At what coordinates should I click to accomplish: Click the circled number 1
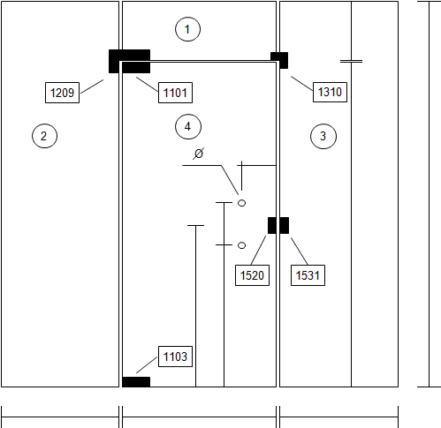coord(187,29)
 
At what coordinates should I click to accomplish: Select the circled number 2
coord(44,136)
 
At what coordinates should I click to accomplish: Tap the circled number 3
coord(323,136)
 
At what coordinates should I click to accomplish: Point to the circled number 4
coord(188,127)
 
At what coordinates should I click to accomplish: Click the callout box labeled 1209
coord(62,93)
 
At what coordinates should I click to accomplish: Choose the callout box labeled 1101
coord(175,93)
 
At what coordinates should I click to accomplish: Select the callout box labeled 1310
coord(330,92)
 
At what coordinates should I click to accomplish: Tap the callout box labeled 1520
coord(252,275)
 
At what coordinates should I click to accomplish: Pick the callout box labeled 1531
coord(308,275)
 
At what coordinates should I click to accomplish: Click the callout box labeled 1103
coord(175,357)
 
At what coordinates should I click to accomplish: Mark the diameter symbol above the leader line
coord(199,154)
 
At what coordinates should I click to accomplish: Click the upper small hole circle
coord(241,203)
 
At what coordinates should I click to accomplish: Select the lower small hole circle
coord(241,245)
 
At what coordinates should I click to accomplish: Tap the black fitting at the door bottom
coord(136,382)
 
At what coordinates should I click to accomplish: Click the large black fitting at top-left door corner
coord(129,61)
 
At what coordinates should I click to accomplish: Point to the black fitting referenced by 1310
coord(279,60)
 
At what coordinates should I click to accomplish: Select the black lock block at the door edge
coord(278,225)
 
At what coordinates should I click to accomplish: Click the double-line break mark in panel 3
coord(351,61)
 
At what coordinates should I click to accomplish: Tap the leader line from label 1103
coord(147,365)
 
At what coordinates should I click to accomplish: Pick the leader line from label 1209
coord(92,86)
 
